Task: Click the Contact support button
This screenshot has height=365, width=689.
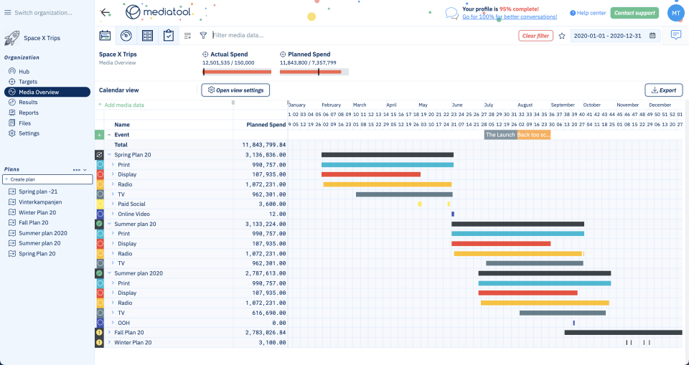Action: click(x=634, y=13)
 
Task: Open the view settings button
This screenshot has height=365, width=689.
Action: click(x=235, y=90)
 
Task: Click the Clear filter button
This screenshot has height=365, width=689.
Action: click(x=535, y=35)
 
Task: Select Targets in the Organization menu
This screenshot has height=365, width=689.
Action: click(x=28, y=82)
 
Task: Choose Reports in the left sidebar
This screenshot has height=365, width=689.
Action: click(x=29, y=113)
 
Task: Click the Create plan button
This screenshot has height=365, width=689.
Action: click(x=47, y=179)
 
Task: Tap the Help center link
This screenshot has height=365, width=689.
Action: click(x=588, y=13)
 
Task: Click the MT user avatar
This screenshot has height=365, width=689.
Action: click(x=676, y=12)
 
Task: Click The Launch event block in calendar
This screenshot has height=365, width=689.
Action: click(x=500, y=134)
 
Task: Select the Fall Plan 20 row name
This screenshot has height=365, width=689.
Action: click(x=129, y=332)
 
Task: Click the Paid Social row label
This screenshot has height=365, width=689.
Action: click(x=131, y=204)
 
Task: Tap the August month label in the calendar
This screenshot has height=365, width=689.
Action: click(x=525, y=105)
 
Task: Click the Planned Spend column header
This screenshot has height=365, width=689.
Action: click(x=266, y=124)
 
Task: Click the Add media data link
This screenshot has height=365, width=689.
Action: click(x=124, y=105)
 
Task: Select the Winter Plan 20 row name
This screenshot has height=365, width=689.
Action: click(x=133, y=342)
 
